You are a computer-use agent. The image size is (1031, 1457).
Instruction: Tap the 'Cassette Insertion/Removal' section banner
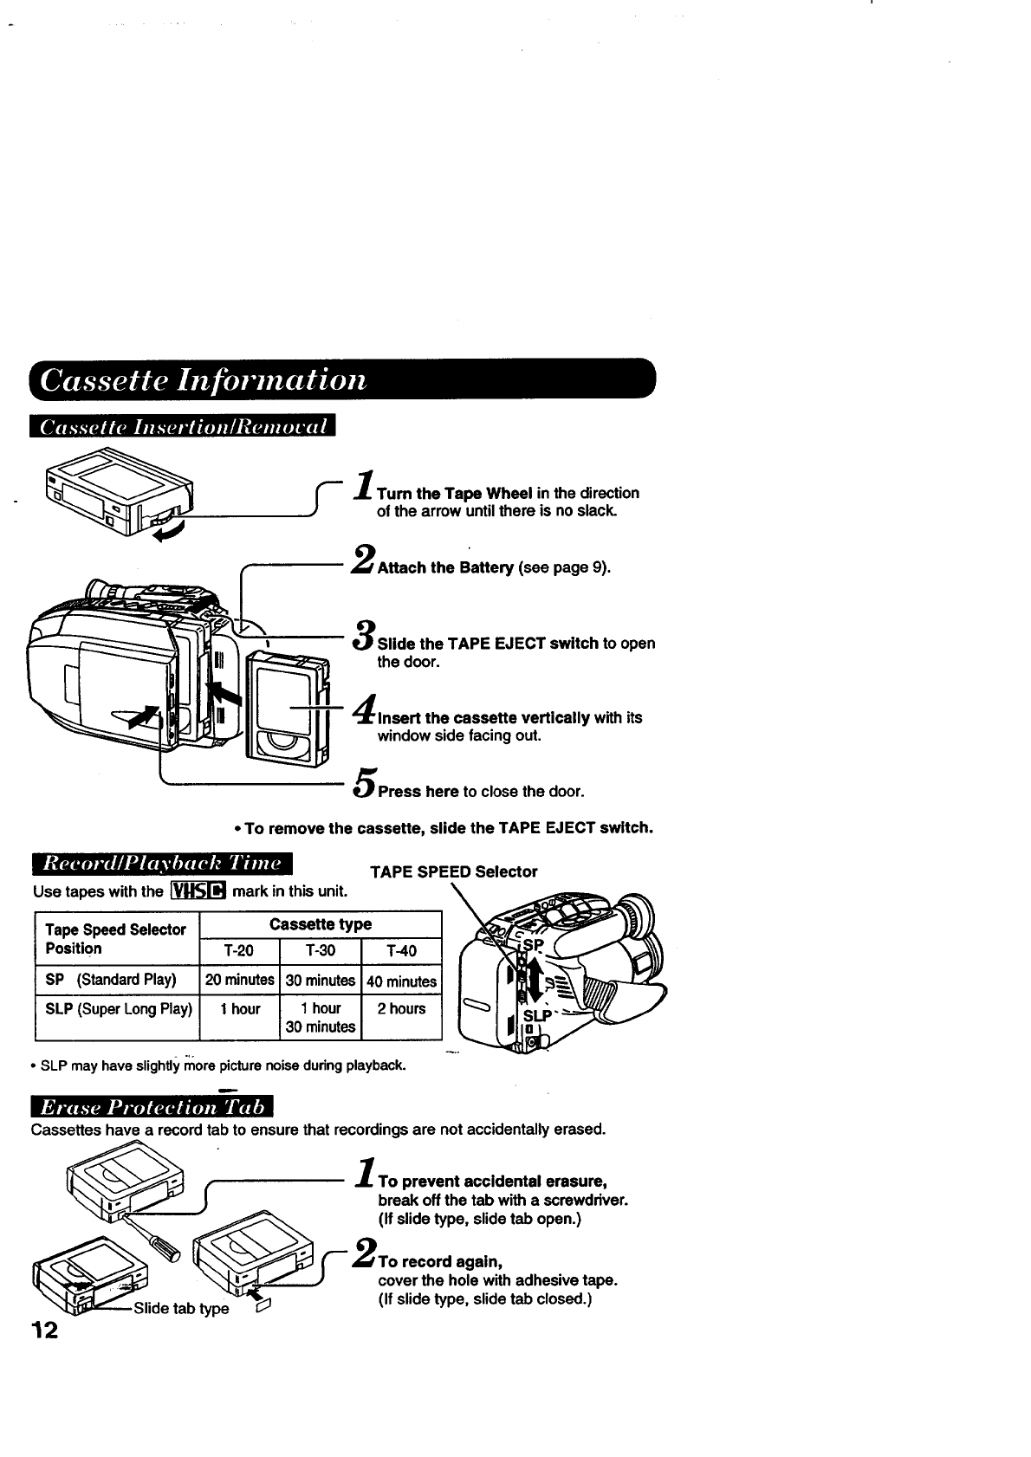point(182,428)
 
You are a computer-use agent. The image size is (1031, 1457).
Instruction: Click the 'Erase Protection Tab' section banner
point(151,1108)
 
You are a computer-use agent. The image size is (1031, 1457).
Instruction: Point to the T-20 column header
point(238,951)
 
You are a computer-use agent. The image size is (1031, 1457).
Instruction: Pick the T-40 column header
point(401,951)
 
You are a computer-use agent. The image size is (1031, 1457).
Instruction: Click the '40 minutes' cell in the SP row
point(401,981)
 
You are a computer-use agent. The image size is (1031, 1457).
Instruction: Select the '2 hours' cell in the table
point(401,1008)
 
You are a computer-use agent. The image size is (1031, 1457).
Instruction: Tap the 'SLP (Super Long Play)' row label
point(118,1008)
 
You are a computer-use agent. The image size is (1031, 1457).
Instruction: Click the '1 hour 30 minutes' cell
point(321,1018)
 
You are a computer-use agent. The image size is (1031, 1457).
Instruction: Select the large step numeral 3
point(364,634)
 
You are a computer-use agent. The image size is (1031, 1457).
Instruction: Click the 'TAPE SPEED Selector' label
point(453,871)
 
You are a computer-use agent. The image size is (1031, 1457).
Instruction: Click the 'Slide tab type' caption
point(181,1308)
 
